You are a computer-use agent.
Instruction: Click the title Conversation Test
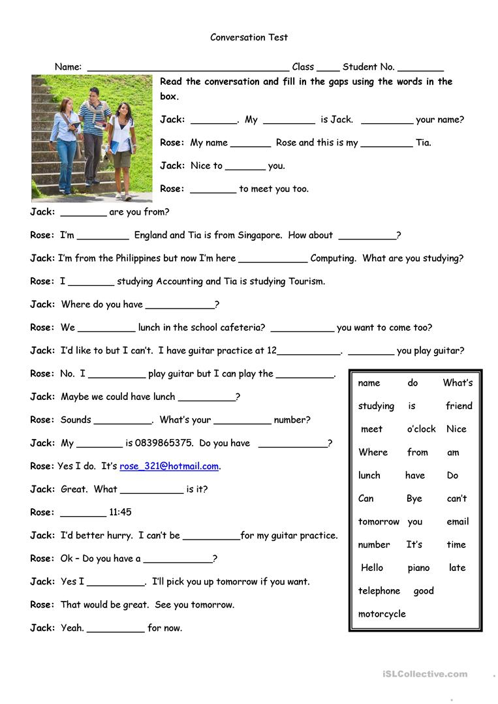(x=249, y=37)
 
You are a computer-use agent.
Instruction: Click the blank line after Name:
(x=188, y=68)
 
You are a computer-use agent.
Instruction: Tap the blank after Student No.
(x=420, y=68)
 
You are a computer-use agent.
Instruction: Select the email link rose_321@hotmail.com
(x=169, y=467)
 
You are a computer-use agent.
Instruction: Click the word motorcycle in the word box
(x=382, y=614)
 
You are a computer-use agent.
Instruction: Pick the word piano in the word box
(x=418, y=568)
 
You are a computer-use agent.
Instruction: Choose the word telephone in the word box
(x=379, y=591)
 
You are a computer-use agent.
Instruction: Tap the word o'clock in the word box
(x=421, y=429)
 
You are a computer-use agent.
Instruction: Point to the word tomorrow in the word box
(x=379, y=522)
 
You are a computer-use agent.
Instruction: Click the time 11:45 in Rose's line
(x=120, y=513)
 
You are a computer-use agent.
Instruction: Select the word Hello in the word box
(x=372, y=568)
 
